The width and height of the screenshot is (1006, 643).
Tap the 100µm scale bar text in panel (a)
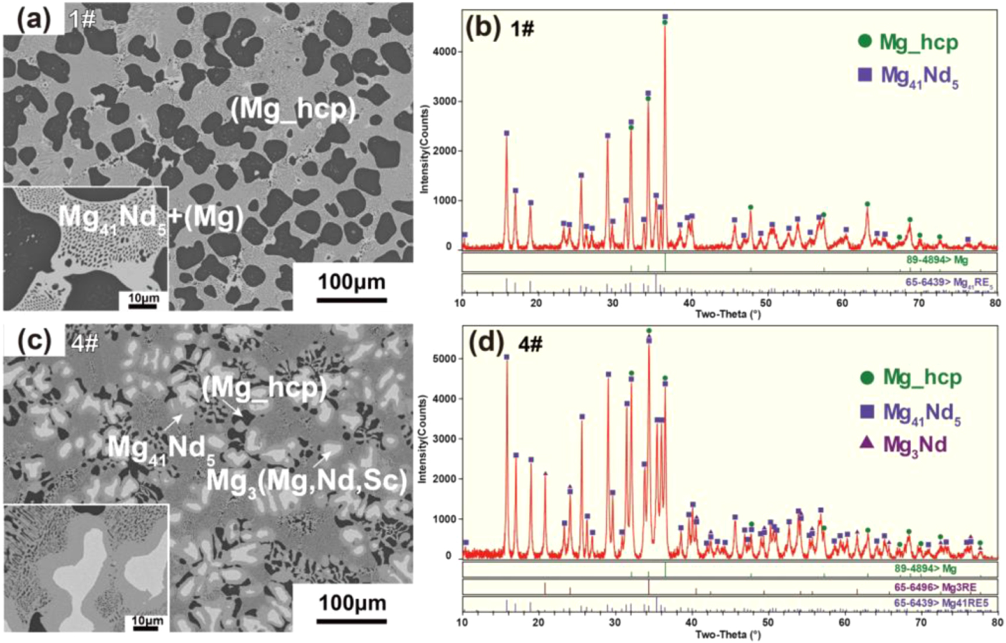click(352, 282)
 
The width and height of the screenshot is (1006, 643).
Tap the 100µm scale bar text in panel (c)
click(352, 603)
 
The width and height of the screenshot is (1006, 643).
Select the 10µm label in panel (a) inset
click(143, 298)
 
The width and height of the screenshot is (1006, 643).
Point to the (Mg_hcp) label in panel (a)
click(293, 109)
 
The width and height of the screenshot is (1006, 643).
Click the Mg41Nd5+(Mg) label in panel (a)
click(150, 218)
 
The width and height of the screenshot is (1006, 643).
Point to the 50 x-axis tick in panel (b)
click(766, 302)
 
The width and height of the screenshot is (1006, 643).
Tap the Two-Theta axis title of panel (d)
click(728, 635)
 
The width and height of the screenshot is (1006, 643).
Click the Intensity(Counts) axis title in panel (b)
click(425, 149)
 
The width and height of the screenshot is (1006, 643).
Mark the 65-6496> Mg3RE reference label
click(943, 587)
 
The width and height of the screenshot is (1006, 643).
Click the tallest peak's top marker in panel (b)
click(665, 17)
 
